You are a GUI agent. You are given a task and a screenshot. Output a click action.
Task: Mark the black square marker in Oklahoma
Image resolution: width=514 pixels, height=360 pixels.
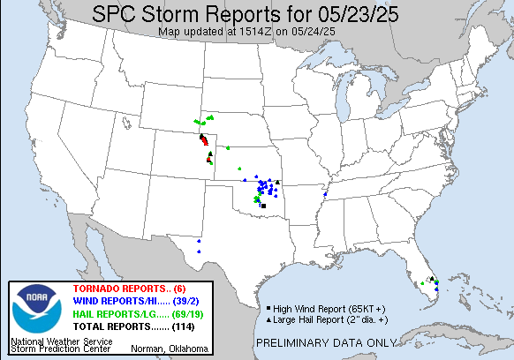point(263,206)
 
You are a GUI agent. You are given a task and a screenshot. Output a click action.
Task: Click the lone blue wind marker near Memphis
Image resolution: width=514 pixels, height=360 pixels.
point(326,194)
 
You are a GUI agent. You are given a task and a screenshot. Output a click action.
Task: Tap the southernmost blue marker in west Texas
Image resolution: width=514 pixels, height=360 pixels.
point(199,251)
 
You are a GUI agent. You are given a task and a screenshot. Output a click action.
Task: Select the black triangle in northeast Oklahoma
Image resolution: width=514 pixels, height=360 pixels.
point(277,182)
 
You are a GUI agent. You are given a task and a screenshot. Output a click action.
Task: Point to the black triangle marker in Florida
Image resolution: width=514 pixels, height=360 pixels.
point(431,279)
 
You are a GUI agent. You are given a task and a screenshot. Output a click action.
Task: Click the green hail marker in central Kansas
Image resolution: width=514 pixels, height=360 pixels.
point(239,169)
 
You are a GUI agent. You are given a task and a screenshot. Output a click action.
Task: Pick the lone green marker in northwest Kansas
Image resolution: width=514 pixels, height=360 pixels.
point(227,147)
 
